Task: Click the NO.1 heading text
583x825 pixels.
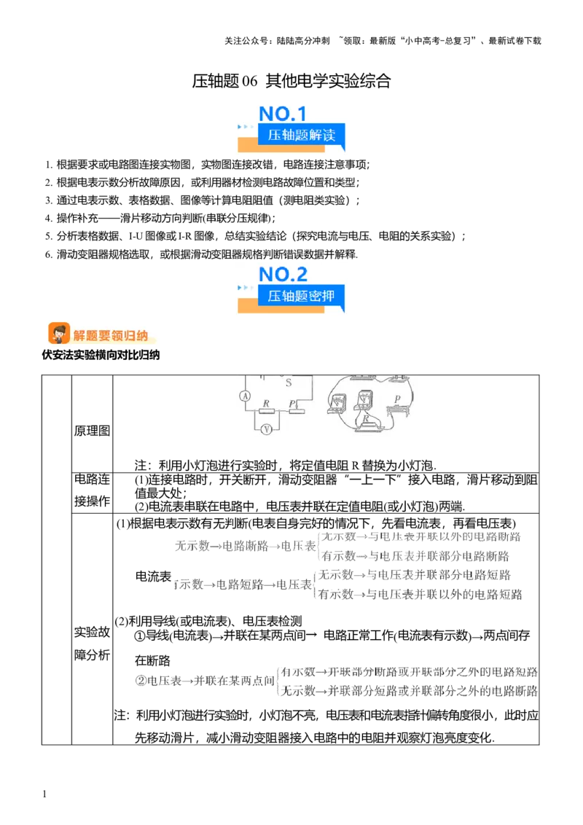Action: [x=283, y=114]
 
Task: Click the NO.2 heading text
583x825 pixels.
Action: [x=283, y=275]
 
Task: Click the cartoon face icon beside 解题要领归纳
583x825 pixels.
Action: [x=59, y=334]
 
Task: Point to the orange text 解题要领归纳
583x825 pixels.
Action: [x=111, y=335]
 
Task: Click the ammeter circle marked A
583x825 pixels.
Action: [x=244, y=396]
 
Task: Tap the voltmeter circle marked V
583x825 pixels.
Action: [x=267, y=429]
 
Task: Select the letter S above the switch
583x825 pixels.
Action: [x=289, y=383]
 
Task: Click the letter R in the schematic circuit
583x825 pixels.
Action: [x=266, y=403]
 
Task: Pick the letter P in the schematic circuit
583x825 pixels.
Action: [x=292, y=403]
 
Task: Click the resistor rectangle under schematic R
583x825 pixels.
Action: [x=267, y=411]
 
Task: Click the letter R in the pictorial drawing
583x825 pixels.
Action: [x=367, y=418]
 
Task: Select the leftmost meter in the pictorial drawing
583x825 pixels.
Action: [x=337, y=403]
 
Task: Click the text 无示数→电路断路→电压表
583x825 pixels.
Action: [x=246, y=546]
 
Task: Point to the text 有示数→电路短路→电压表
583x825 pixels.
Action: [x=242, y=584]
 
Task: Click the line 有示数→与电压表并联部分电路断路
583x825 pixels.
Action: [x=415, y=556]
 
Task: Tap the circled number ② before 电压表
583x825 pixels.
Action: [x=141, y=681]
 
